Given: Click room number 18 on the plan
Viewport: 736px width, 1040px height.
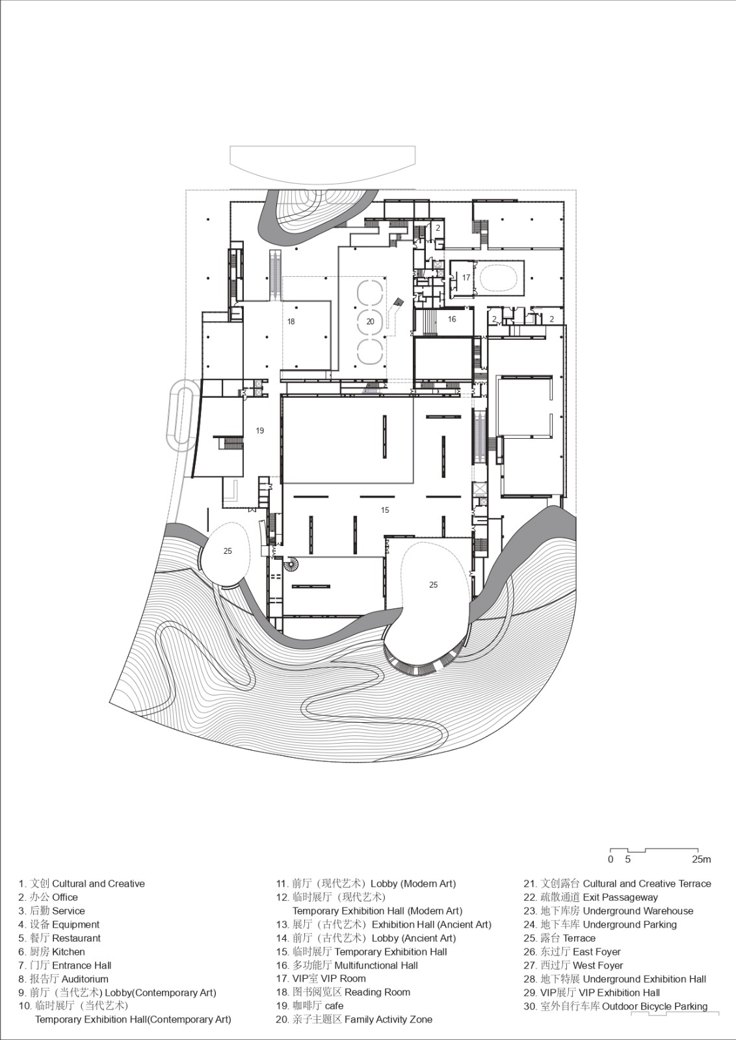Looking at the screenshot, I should tap(291, 322).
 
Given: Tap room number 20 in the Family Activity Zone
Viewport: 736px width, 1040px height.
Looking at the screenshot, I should tap(371, 322).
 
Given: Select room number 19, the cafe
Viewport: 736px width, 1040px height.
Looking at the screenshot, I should tap(260, 430).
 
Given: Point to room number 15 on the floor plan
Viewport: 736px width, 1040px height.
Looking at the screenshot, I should tap(385, 510).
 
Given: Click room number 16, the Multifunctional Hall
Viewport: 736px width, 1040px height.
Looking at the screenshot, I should tap(452, 319).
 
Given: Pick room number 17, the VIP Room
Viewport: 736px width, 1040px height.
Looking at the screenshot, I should tap(466, 278).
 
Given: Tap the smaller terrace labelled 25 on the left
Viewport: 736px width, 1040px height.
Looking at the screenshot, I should tap(228, 551).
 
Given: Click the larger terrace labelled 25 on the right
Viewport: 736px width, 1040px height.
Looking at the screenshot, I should tap(434, 585).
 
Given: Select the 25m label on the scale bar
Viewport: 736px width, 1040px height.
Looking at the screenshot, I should tap(702, 859).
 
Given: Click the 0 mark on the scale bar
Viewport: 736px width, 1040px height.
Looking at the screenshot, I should tap(611, 859).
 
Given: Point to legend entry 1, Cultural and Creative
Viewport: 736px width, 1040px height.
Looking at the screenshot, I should tap(81, 884).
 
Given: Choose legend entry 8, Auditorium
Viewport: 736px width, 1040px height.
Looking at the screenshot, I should tap(63, 979).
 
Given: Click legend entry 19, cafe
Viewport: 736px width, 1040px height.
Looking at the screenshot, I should tap(309, 1006).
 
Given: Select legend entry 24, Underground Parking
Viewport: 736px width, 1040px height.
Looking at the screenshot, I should tap(600, 924).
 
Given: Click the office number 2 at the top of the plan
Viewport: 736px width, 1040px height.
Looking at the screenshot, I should tap(438, 228).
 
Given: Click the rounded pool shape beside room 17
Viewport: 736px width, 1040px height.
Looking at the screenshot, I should tap(499, 278).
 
